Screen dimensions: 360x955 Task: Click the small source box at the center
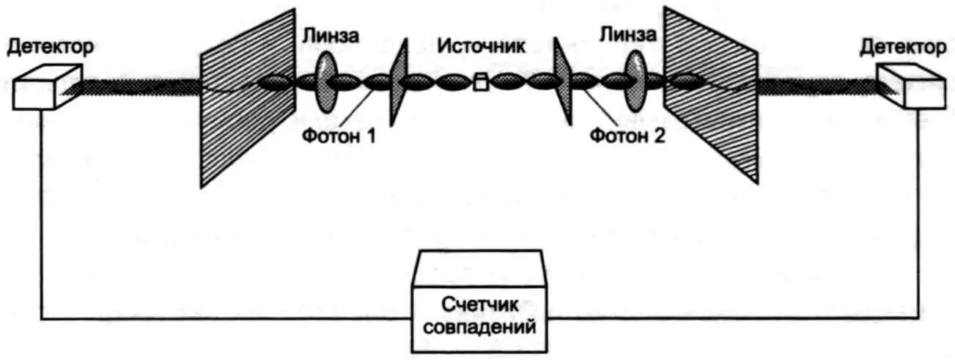pyautogui.click(x=480, y=83)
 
